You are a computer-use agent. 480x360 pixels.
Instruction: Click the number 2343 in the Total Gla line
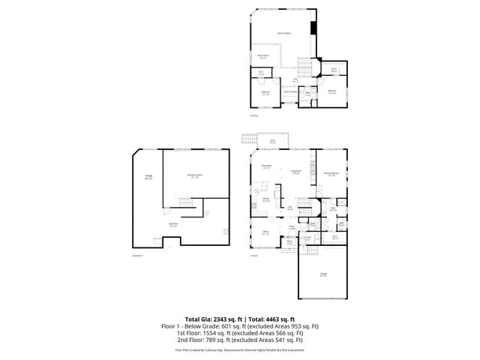[217, 319]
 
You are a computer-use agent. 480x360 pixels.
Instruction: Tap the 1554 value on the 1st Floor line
[211, 333]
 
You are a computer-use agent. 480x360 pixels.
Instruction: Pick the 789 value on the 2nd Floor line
[214, 340]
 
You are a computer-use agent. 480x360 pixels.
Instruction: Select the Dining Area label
[266, 166]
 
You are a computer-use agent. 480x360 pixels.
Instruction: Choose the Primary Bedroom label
[332, 172]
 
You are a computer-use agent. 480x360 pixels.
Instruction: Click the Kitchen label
[265, 199]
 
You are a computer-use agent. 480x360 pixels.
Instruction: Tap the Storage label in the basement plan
[148, 177]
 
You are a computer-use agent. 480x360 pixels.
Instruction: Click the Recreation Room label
[193, 176]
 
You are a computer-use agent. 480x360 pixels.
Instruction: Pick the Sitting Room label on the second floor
[264, 55]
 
